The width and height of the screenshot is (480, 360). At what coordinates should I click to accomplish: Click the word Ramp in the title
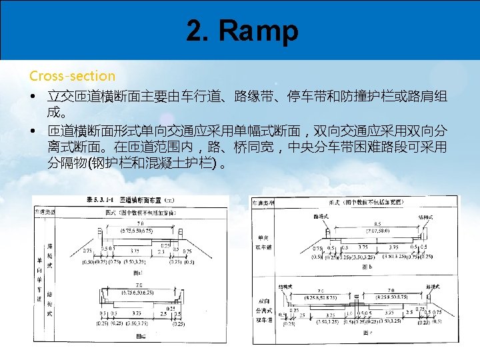[261, 31]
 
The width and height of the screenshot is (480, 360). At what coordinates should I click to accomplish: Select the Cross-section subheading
[72, 76]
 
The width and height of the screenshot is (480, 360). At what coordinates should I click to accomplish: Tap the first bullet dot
[33, 98]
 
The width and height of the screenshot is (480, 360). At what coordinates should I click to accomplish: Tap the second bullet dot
[33, 131]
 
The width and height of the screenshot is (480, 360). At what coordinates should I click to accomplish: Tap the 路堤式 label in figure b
[323, 216]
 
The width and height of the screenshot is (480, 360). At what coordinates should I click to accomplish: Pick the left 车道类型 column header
[45, 211]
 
